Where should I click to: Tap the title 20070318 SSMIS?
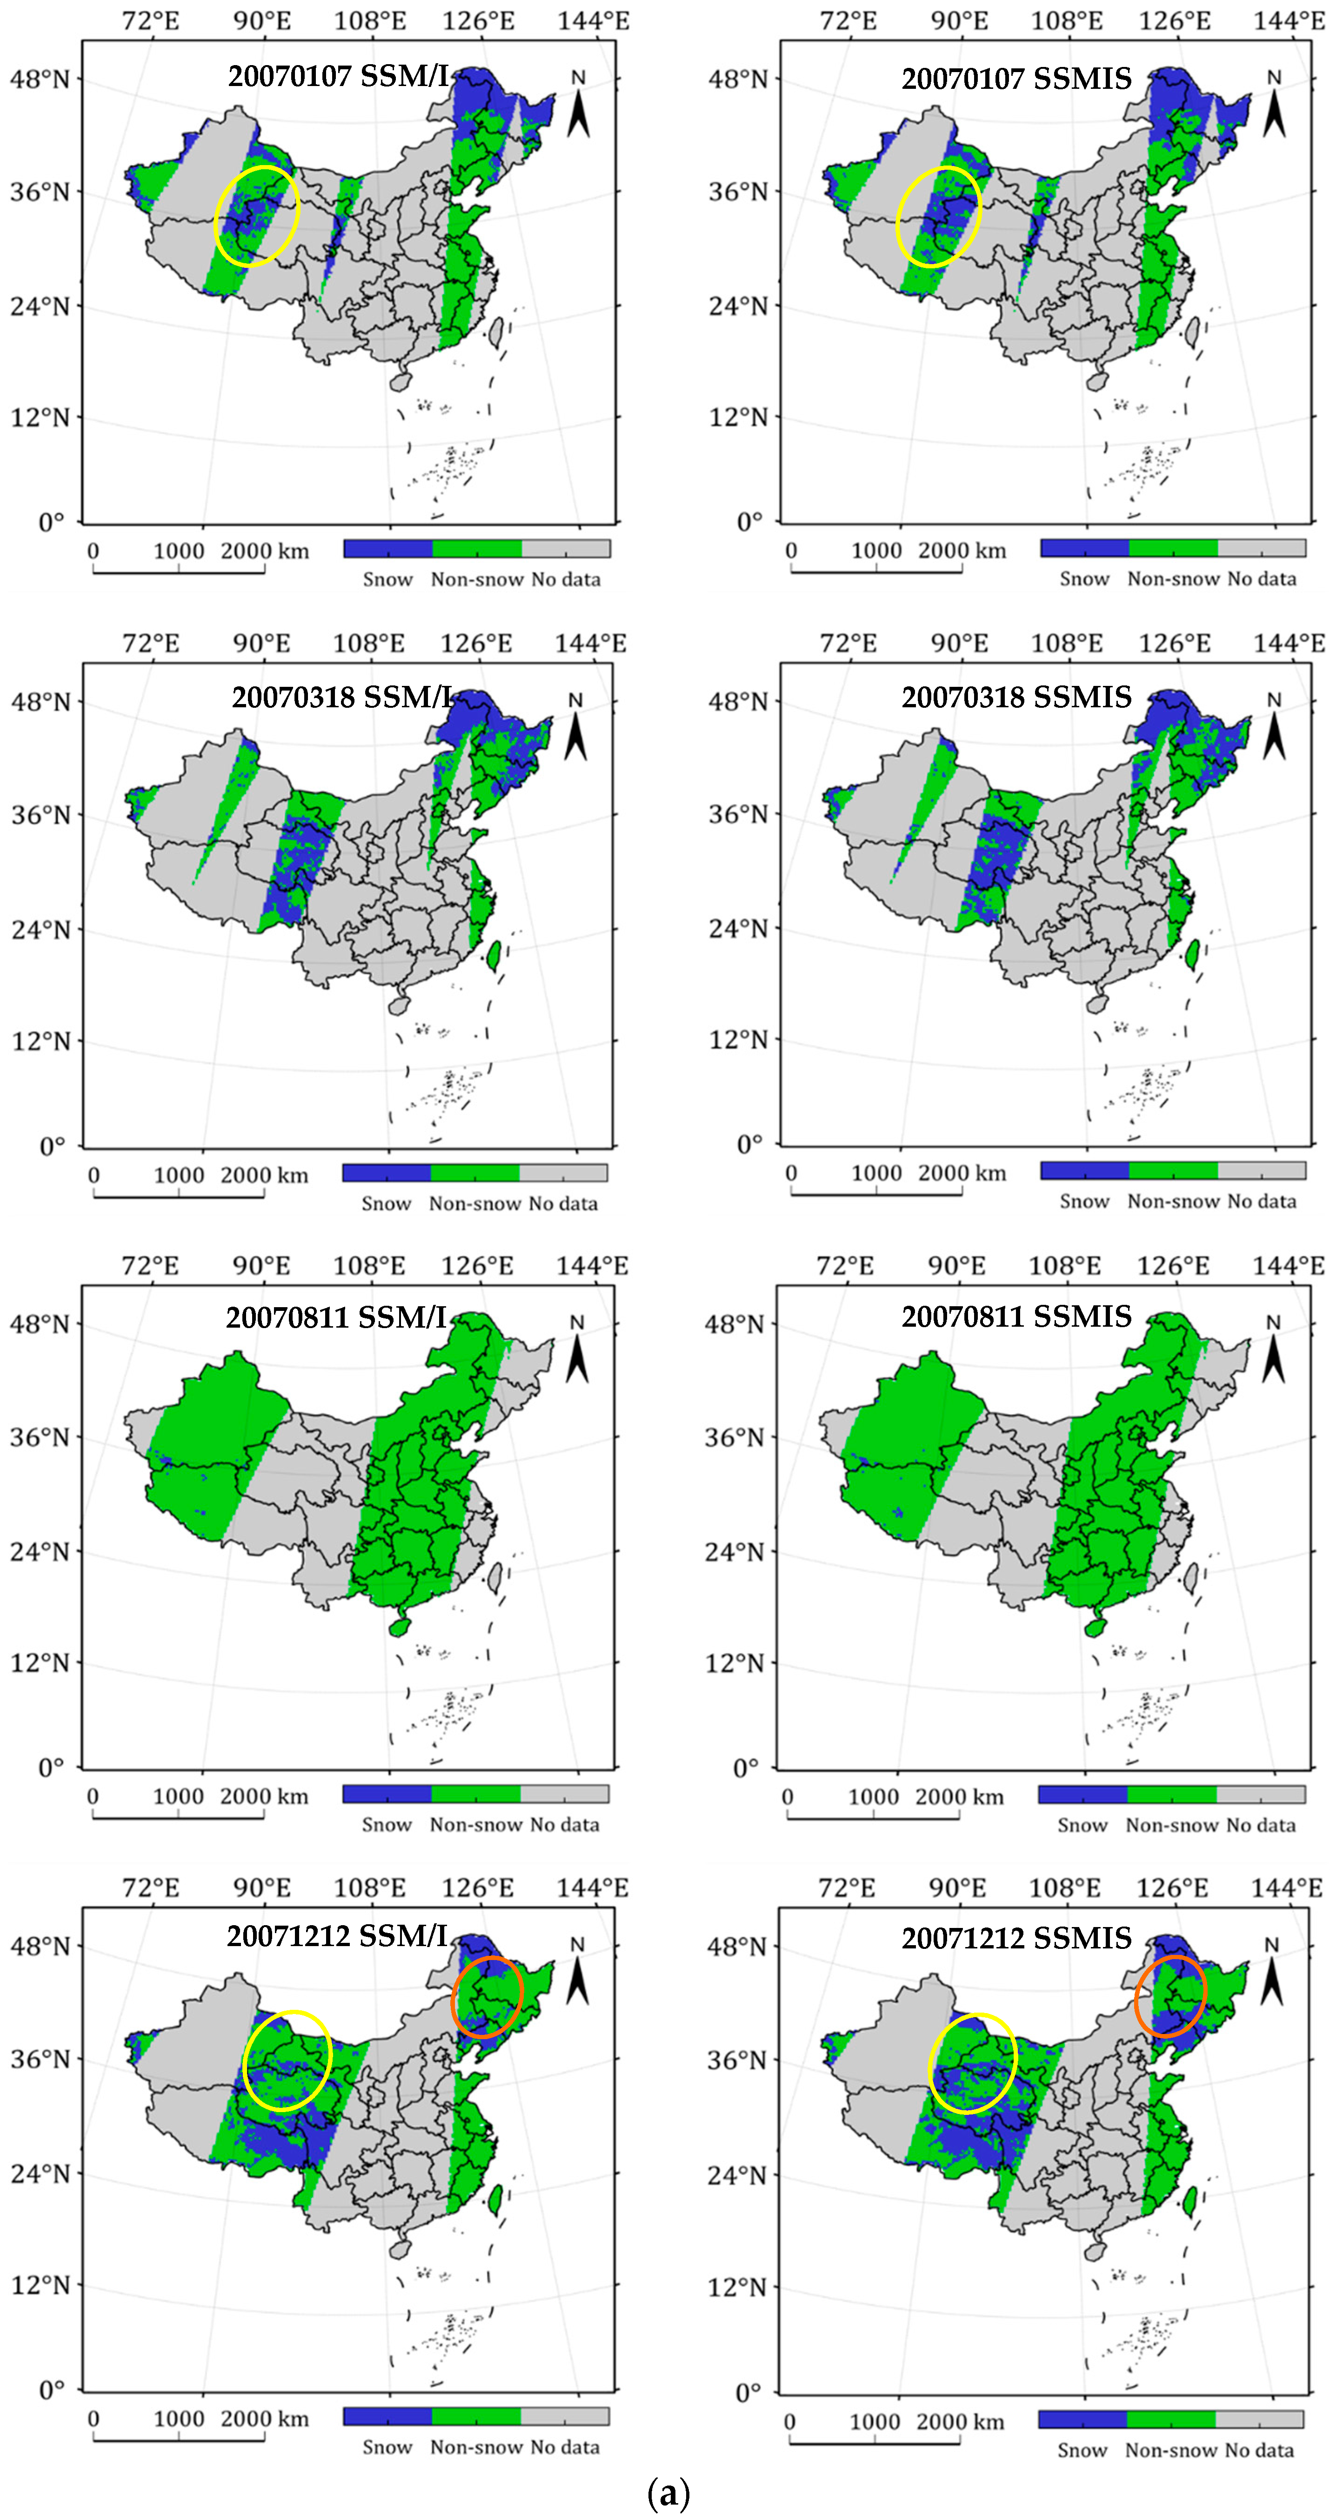tap(1016, 697)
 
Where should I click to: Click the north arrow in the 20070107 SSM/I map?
tap(578, 106)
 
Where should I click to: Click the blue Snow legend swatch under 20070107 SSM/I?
tap(387, 549)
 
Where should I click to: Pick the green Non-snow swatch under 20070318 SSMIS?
tap(1173, 1170)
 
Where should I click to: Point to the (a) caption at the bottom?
tap(668, 2492)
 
